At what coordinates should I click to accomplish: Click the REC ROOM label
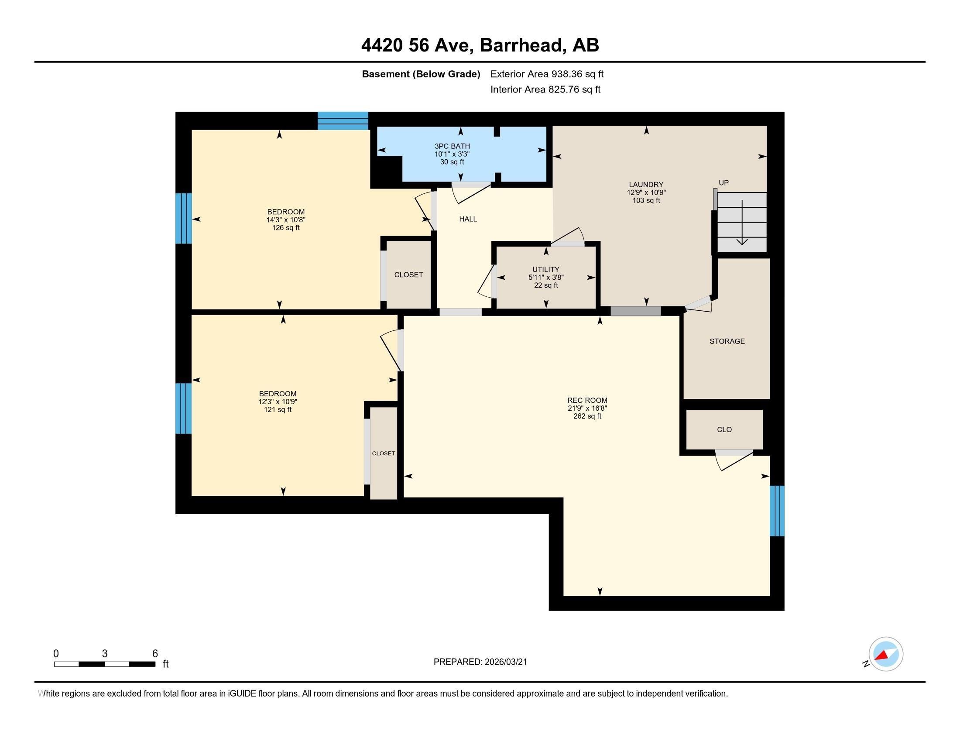click(x=587, y=400)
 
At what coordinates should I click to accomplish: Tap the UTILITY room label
click(x=545, y=269)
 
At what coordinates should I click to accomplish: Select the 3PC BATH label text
click(x=452, y=146)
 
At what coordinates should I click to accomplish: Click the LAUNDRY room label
click(x=646, y=185)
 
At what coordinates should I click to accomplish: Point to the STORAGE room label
click(x=727, y=341)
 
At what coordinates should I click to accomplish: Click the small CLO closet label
click(x=724, y=429)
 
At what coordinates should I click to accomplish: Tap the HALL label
click(x=468, y=219)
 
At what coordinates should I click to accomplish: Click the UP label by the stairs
click(x=723, y=183)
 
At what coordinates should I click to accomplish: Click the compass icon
click(x=885, y=654)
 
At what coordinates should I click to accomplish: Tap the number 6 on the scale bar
click(x=155, y=653)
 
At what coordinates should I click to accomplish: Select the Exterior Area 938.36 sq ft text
click(x=547, y=74)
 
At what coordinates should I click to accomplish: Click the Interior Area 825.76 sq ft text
click(x=545, y=89)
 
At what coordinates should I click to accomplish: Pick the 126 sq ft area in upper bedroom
click(x=286, y=228)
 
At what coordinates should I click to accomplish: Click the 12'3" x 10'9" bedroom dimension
click(x=278, y=402)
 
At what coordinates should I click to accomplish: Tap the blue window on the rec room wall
click(x=777, y=511)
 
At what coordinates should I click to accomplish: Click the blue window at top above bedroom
click(x=343, y=121)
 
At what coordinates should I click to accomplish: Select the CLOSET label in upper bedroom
click(x=408, y=275)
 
